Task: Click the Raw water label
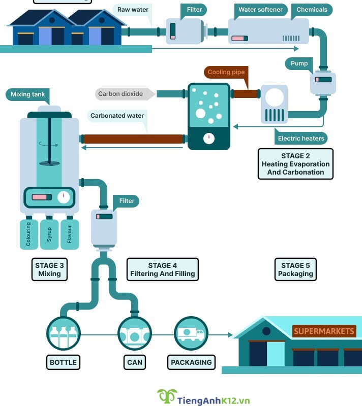click(133, 10)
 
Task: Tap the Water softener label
click(260, 10)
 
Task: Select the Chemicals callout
click(312, 10)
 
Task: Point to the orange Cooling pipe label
click(226, 73)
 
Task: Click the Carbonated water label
click(117, 116)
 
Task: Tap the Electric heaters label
click(301, 138)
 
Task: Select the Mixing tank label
click(28, 94)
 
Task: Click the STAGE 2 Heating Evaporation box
click(295, 164)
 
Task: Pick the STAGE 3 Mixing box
click(49, 269)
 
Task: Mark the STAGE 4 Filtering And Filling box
click(162, 269)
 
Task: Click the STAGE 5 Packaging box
click(295, 269)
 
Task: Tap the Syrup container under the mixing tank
click(49, 234)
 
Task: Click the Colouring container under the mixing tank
click(28, 234)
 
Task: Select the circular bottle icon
click(64, 334)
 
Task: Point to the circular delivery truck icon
click(191, 334)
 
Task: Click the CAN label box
click(135, 362)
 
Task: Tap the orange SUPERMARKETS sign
click(324, 331)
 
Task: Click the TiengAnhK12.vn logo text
click(214, 400)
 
